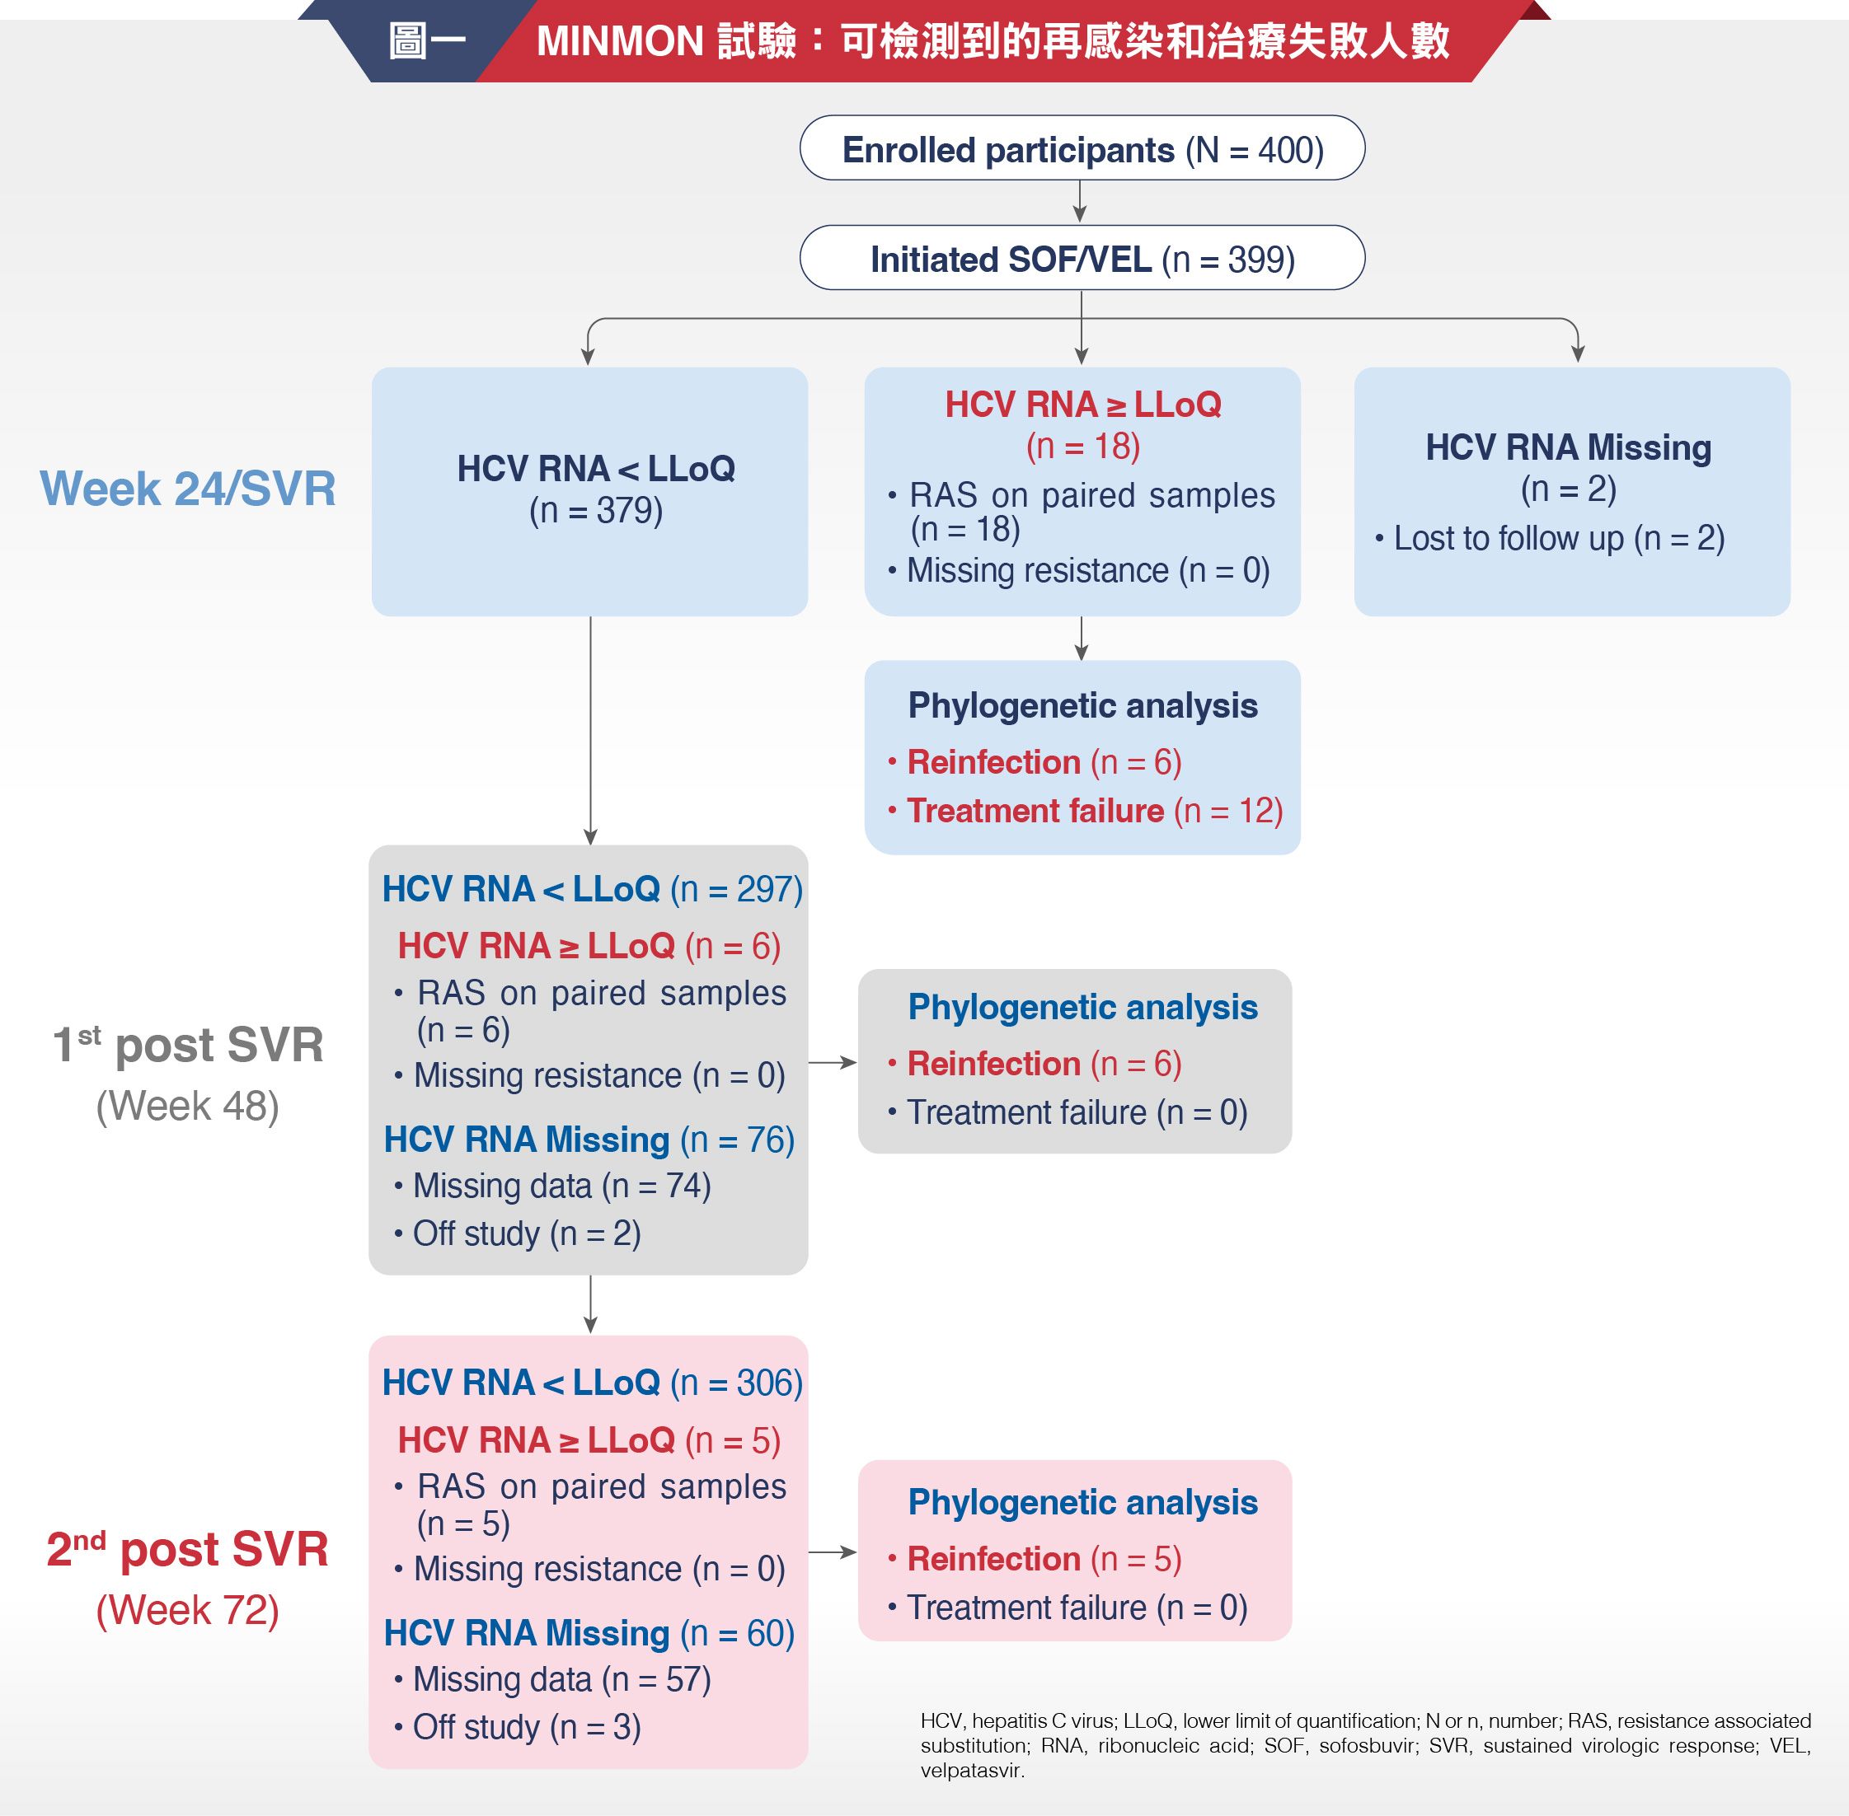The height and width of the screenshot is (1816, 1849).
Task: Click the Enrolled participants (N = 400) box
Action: click(x=1082, y=147)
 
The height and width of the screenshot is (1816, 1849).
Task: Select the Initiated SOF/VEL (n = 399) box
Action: click(x=1082, y=258)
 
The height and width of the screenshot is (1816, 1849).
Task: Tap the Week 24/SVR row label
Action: click(x=188, y=489)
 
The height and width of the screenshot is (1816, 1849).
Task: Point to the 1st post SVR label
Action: click(x=188, y=1045)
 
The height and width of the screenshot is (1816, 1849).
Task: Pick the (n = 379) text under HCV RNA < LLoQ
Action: click(x=596, y=511)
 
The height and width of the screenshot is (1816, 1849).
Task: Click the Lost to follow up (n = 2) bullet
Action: click(x=1551, y=538)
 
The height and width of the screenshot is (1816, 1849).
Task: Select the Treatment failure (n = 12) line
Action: click(x=1086, y=811)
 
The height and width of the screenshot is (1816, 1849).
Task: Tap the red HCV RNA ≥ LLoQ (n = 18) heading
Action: click(x=1083, y=425)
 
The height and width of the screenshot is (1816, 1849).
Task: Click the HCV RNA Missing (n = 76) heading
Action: click(x=589, y=1140)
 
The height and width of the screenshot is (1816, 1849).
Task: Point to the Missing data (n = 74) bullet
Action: click(x=552, y=1186)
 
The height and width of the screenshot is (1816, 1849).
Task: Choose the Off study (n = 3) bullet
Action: click(x=517, y=1726)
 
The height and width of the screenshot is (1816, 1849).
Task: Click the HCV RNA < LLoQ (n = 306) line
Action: click(x=593, y=1383)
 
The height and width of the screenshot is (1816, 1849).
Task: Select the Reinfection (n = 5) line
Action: click(x=1035, y=1558)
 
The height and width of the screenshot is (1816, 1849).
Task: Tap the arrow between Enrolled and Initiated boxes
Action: click(x=1080, y=202)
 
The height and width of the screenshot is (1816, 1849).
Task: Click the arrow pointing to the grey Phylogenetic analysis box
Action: click(x=833, y=1061)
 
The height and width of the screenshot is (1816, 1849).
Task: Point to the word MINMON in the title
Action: click(x=620, y=42)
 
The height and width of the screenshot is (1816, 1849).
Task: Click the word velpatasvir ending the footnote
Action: click(x=972, y=1772)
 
